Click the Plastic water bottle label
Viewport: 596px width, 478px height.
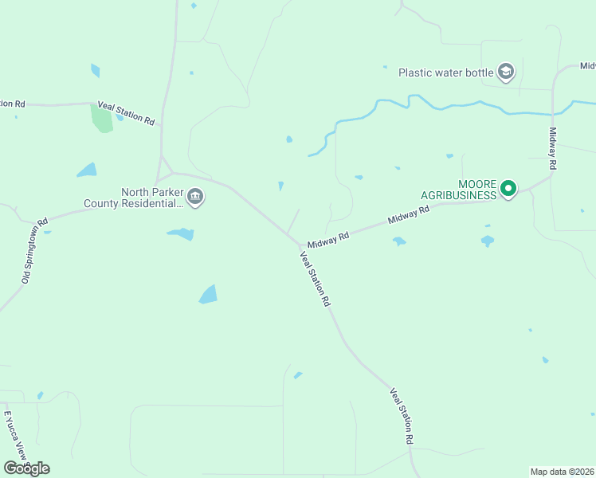446,72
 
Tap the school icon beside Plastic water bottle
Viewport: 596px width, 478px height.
505,72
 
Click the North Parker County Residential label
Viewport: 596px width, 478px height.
134,198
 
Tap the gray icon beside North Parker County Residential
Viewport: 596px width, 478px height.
195,198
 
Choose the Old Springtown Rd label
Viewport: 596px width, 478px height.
35,251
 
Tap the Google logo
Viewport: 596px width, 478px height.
26,468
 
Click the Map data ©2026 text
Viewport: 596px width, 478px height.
562,471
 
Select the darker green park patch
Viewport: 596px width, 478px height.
101,118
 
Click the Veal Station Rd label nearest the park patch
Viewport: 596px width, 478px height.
126,112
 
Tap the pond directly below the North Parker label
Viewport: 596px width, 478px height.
181,234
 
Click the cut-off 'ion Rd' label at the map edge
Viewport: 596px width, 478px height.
13,103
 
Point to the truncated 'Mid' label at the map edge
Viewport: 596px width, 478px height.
587,65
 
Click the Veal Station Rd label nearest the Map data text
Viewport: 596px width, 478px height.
402,417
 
